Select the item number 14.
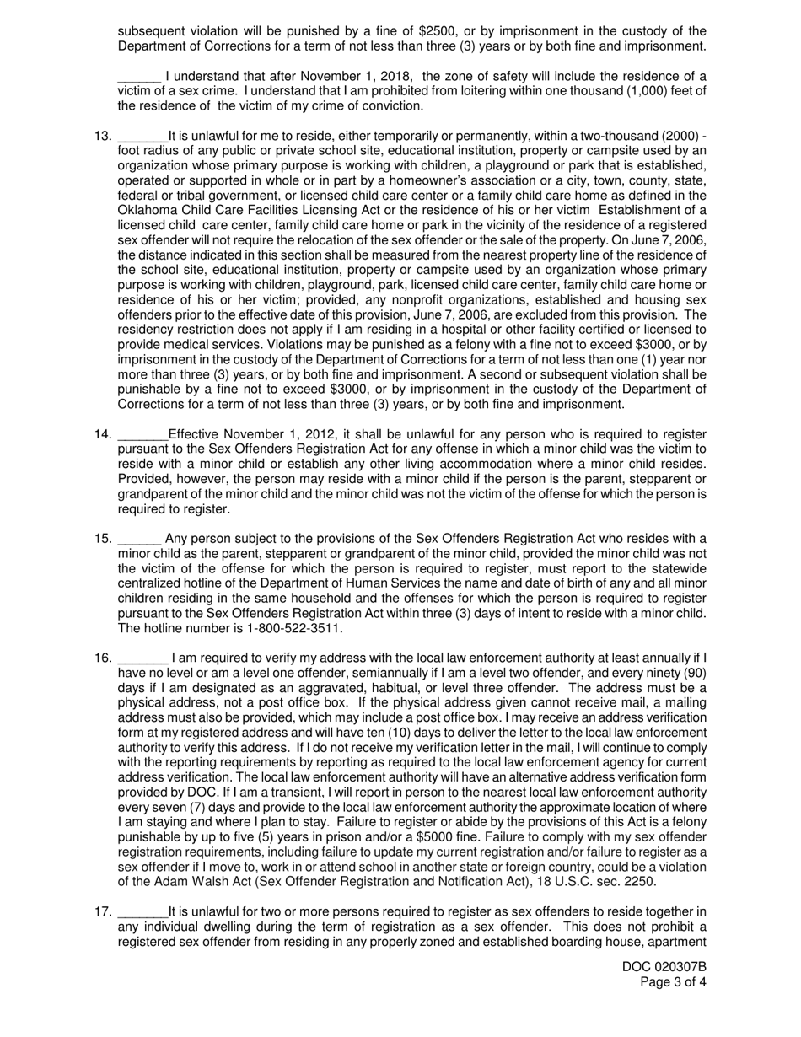pos(102,435)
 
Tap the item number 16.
pos(102,658)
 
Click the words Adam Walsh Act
pos(189,882)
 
